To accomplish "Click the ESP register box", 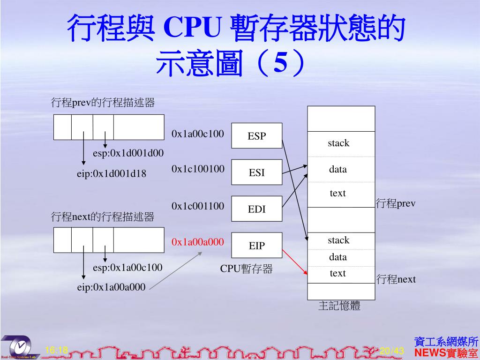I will point(257,136).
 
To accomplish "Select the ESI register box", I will point(257,172).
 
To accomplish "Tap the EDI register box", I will point(257,209).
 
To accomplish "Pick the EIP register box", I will point(257,246).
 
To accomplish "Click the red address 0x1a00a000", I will point(198,242).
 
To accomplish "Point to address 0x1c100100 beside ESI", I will point(198,169).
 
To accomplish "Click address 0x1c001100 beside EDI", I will point(198,206).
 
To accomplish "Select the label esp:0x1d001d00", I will point(128,153).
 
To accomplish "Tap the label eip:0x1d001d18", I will point(112,174).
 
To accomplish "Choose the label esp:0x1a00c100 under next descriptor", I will point(127,268).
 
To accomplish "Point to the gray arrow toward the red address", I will point(176,271).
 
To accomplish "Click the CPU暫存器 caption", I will point(247,269).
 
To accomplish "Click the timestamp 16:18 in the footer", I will point(57,350).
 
